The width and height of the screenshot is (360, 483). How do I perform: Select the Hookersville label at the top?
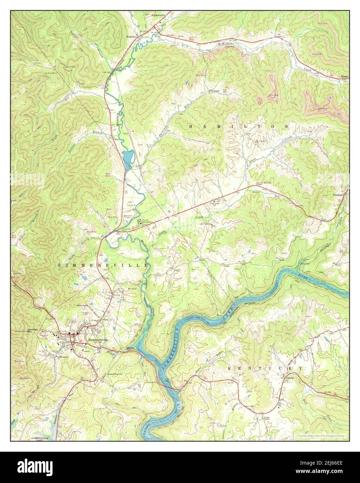(x=159, y=16)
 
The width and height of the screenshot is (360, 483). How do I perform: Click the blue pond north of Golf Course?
(x=127, y=158)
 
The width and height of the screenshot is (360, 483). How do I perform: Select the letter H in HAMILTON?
(x=191, y=127)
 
